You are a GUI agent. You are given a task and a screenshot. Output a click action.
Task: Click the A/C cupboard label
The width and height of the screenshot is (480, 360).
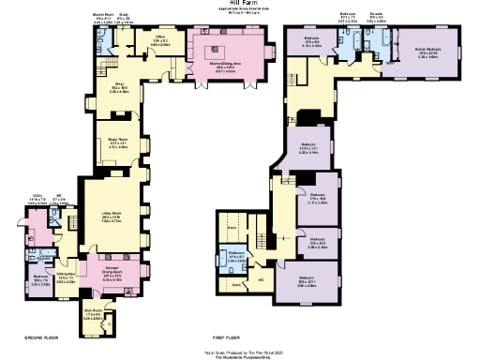[x=261, y=280]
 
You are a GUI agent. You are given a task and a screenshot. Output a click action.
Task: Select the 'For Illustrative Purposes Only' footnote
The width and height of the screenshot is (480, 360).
[x=240, y=357]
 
